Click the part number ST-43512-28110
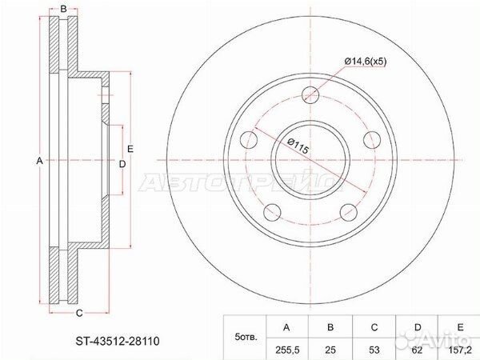tap(118, 341)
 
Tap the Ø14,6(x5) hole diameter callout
tap(366, 62)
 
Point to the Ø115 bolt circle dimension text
tap(298, 146)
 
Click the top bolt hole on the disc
tap(310, 95)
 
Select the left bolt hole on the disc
tap(249, 140)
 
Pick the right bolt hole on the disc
tap(372, 140)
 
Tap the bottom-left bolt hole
tap(273, 212)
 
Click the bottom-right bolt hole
tap(349, 212)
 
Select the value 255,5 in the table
tap(286, 350)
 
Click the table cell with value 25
tap(330, 350)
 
